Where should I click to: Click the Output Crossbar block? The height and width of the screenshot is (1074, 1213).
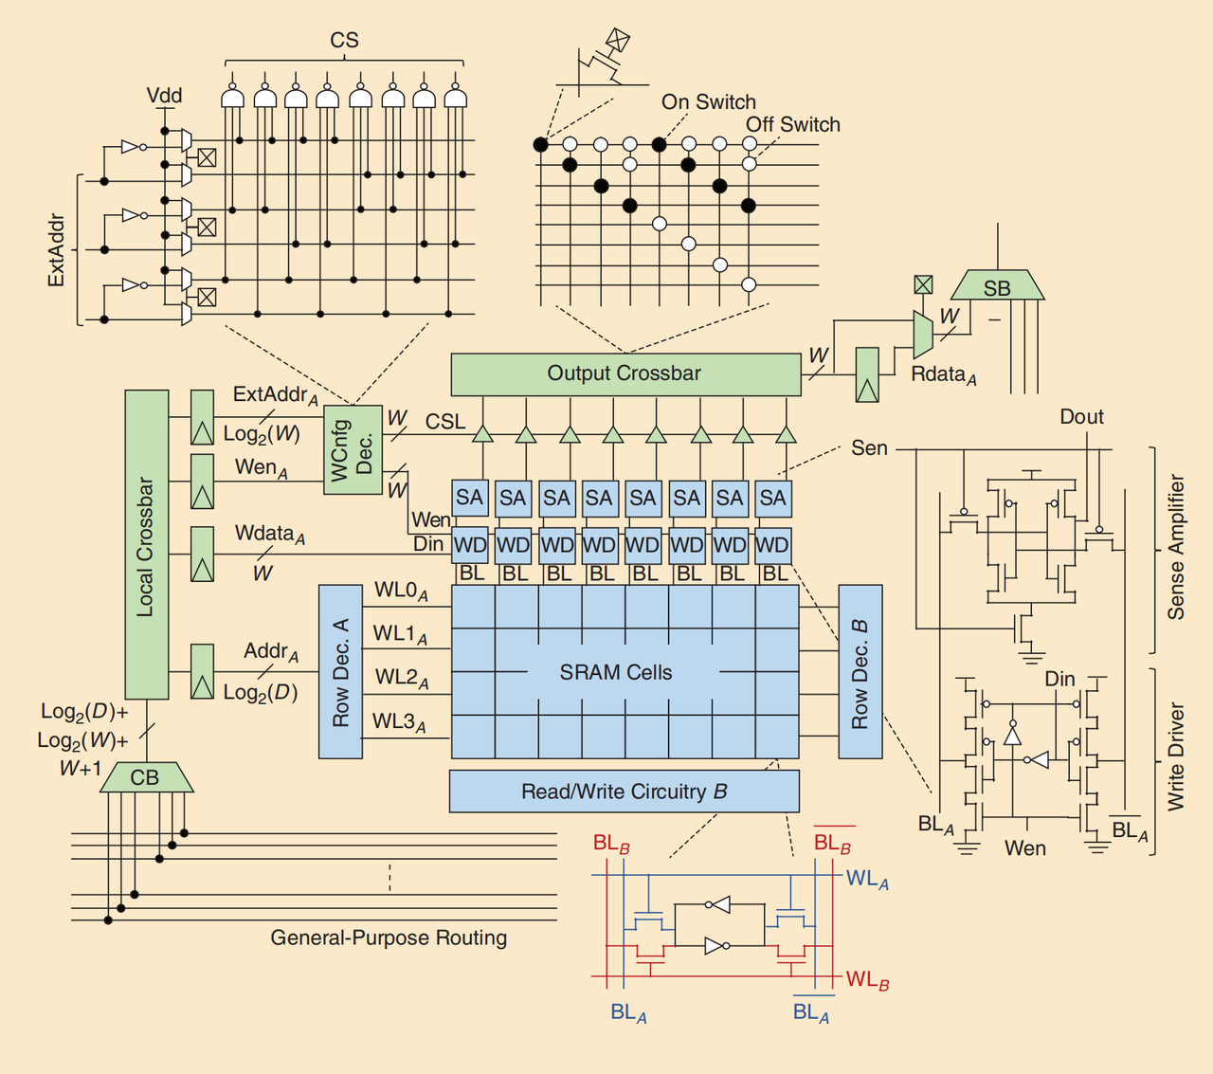625,374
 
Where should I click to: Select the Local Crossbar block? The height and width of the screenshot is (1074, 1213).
146,545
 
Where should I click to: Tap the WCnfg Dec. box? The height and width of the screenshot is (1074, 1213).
352,450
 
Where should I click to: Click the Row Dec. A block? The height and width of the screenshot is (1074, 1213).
340,671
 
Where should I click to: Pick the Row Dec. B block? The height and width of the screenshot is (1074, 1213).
860,671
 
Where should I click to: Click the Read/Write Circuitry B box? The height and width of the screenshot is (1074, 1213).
624,792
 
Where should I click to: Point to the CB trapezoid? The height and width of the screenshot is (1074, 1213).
146,777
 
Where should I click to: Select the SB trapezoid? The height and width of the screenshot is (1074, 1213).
997,287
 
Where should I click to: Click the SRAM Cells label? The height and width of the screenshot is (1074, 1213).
615,672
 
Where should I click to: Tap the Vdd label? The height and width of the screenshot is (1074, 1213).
164,96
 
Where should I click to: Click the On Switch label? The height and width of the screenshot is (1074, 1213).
708,101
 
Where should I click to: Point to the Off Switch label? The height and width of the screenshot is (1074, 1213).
792,124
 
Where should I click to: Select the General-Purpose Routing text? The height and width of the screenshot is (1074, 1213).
389,937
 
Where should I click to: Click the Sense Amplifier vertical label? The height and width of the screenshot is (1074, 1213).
1176,547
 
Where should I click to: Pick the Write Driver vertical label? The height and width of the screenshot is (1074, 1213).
1176,756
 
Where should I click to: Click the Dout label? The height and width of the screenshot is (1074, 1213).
1081,417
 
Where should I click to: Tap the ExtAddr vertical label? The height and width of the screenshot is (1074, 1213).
57,250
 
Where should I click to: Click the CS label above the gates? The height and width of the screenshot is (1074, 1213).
344,40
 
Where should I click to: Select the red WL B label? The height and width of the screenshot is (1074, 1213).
867,979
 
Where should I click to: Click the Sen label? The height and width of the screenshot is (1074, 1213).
868,447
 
